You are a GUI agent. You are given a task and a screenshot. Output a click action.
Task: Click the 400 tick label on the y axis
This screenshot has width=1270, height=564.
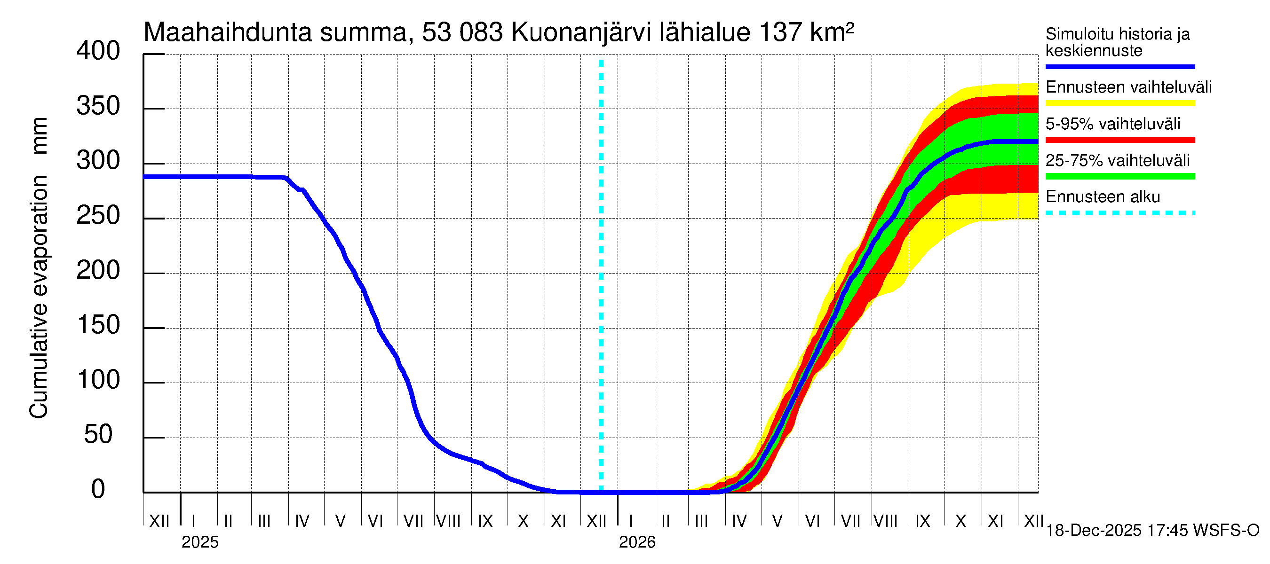point(98,51)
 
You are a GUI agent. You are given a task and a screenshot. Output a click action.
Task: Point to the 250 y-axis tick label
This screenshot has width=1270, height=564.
point(98,216)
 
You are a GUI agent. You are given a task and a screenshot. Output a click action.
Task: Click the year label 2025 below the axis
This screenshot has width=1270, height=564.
point(199,542)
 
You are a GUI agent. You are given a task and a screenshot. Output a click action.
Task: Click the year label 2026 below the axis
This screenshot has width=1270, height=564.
point(637,542)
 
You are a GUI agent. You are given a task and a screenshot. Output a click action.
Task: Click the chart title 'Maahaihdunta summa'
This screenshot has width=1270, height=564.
point(276,32)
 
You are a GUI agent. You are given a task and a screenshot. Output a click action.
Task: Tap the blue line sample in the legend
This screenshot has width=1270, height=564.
point(1119,66)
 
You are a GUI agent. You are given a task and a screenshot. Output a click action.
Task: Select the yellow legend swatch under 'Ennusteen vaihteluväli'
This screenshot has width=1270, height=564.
point(1119,103)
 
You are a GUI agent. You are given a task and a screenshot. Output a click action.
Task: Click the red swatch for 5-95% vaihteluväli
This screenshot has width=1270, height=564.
point(1119,140)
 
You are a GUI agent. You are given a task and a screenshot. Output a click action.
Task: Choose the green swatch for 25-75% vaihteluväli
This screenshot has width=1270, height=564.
point(1119,176)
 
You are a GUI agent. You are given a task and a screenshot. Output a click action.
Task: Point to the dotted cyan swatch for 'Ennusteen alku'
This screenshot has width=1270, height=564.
point(1119,213)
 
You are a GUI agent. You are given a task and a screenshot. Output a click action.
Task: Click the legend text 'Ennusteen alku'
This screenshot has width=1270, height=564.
point(1103,197)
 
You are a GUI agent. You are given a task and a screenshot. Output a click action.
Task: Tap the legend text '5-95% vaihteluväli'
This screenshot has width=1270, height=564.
point(1113,124)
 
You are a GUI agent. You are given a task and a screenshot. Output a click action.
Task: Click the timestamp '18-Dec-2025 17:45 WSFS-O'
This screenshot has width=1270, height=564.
point(1152,531)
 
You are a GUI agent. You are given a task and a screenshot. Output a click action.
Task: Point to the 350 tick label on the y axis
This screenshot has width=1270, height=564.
point(98,106)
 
